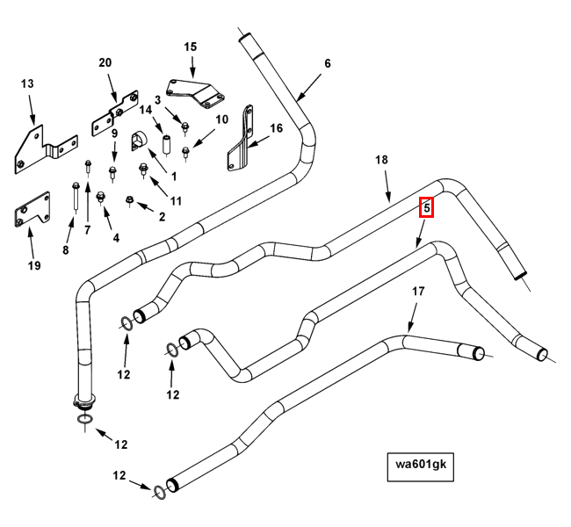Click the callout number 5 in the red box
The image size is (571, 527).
pos(426,208)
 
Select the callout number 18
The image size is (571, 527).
pos(381,160)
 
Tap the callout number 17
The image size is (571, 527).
pos(418,291)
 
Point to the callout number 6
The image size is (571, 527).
pos(328,63)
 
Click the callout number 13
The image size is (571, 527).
pos(27,83)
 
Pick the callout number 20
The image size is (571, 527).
pos(105,62)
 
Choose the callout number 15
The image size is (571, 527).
pos(191,47)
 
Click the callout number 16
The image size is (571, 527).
pos(276,128)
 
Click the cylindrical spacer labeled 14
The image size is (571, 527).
pos(164,143)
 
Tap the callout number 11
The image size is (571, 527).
pos(176,201)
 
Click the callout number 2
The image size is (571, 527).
pos(162,215)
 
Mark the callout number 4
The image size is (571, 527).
pos(116,237)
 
